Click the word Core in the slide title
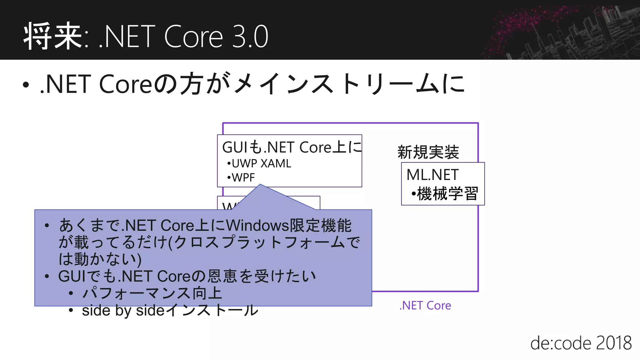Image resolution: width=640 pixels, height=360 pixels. [193, 37]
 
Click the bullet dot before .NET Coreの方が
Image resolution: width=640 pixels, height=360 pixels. [26, 85]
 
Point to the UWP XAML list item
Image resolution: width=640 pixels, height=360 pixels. [261, 163]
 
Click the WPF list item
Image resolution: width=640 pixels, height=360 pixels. [243, 177]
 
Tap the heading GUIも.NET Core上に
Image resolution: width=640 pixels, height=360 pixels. [292, 147]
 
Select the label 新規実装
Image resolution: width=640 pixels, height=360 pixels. [428, 152]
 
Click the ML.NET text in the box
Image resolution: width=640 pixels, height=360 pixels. [432, 175]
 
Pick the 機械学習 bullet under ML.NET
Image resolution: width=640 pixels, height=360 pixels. [447, 193]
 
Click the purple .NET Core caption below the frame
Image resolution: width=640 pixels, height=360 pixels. [425, 305]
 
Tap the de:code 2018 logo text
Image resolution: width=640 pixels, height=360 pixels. [581, 343]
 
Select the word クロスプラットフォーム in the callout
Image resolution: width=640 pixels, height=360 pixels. [259, 242]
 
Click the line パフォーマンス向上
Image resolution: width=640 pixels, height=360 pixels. [152, 293]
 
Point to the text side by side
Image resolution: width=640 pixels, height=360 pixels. [123, 311]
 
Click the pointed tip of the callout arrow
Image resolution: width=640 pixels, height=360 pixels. [260, 185]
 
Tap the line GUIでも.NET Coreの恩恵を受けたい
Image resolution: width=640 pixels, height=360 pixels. [187, 276]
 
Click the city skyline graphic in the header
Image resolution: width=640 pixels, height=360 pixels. [562, 31]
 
